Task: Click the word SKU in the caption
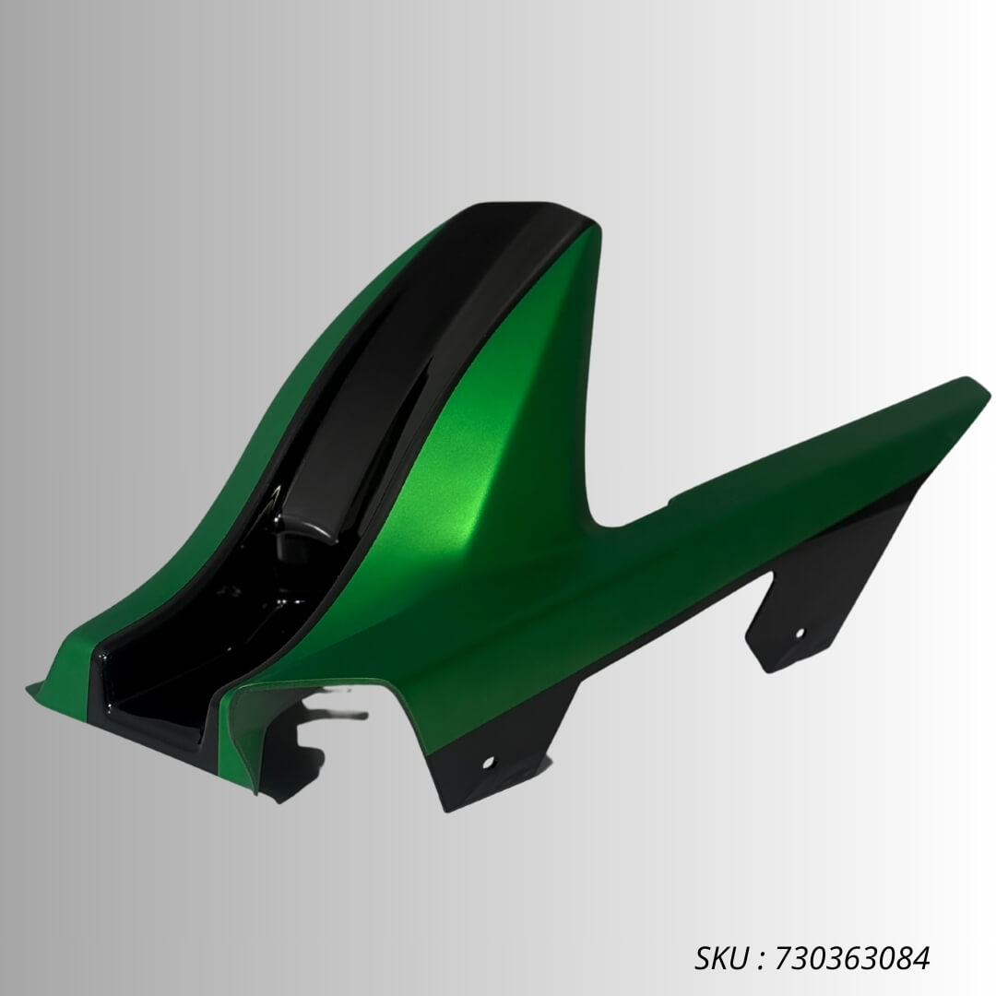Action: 721,958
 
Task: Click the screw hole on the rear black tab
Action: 799,633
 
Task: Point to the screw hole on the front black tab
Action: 488,762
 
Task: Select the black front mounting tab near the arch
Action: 489,756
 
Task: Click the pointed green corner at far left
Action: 31,687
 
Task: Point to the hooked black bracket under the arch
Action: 304,738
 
